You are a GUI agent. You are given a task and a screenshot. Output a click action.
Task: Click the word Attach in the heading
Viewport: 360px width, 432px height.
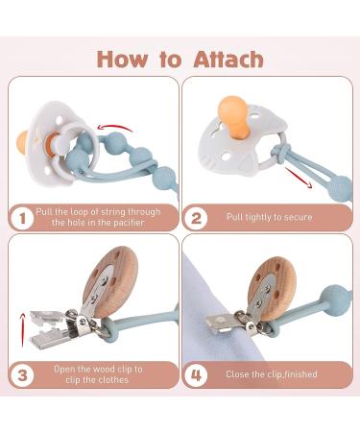click(x=219, y=59)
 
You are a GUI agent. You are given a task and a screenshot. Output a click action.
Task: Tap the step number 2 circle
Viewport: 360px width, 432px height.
click(x=198, y=216)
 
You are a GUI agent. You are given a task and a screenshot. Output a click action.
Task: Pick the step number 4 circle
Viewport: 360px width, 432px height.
click(x=198, y=373)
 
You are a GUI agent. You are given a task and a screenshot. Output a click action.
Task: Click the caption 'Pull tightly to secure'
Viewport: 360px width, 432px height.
click(x=270, y=216)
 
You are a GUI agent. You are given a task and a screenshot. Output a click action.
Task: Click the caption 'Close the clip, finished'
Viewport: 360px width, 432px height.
click(x=270, y=373)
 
